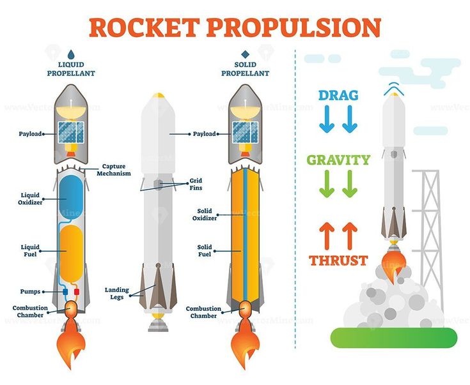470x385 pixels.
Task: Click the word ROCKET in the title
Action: click(x=145, y=27)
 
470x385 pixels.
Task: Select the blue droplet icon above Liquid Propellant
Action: click(x=71, y=54)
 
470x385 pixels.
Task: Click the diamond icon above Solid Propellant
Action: click(x=245, y=54)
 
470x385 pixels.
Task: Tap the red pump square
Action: click(x=77, y=292)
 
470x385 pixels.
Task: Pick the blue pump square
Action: click(x=65, y=292)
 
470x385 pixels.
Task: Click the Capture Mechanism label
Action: click(x=114, y=170)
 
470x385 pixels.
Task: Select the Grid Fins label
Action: click(x=196, y=184)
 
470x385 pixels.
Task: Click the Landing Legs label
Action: click(x=116, y=294)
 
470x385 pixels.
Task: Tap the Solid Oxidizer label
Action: click(x=205, y=215)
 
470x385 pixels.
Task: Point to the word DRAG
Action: click(x=338, y=96)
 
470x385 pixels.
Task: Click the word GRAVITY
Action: click(x=338, y=160)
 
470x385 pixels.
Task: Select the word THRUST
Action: click(x=338, y=260)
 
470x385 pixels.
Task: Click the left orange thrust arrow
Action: click(x=327, y=236)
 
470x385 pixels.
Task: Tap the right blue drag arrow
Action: click(x=350, y=119)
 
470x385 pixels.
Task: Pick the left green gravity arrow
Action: click(x=327, y=184)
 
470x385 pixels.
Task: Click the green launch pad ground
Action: click(x=394, y=338)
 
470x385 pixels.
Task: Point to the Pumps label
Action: click(x=30, y=292)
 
